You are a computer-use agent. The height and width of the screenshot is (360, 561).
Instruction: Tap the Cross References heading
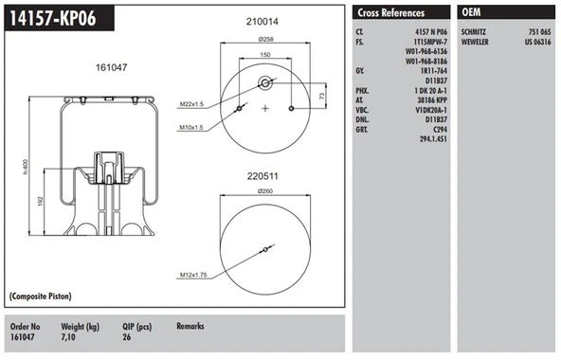pyautogui.click(x=390, y=12)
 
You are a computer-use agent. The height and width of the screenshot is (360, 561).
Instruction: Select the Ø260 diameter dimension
pyautogui.click(x=265, y=192)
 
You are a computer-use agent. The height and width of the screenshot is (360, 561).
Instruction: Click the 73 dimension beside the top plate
pyautogui.click(x=325, y=97)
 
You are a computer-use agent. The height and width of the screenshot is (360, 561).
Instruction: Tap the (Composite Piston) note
pyautogui.click(x=45, y=297)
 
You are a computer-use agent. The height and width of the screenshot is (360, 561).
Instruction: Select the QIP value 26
pyautogui.click(x=127, y=336)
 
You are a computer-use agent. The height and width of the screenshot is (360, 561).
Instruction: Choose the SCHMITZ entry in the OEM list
pyautogui.click(x=474, y=32)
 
